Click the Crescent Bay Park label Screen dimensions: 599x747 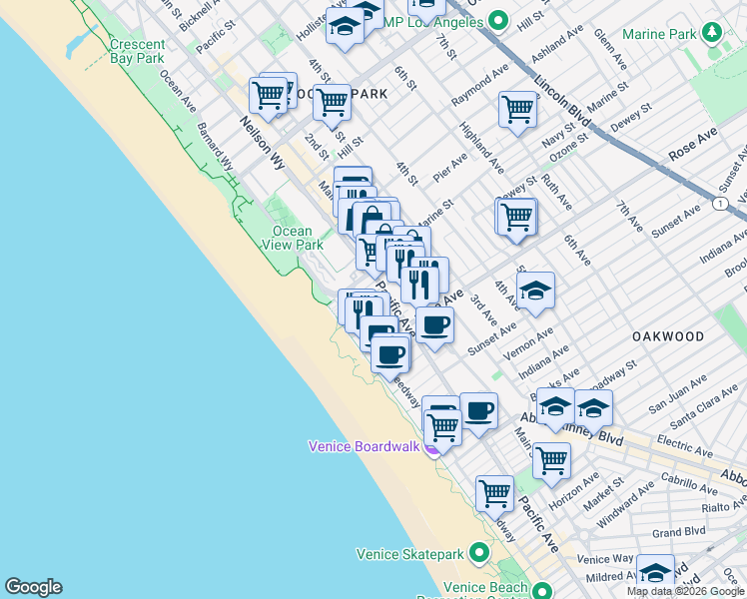pyautogui.click(x=137, y=52)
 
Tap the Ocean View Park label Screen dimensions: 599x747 pyautogui.click(x=298, y=238)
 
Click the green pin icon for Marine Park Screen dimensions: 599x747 pyautogui.click(x=711, y=33)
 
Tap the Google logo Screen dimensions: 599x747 pyautogui.click(x=33, y=587)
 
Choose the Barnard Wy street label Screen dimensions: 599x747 pyautogui.click(x=215, y=145)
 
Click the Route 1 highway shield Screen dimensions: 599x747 pyautogui.click(x=719, y=203)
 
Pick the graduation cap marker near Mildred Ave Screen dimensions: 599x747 pyautogui.click(x=655, y=572)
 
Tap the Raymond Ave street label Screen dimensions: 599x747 pyautogui.click(x=479, y=88)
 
